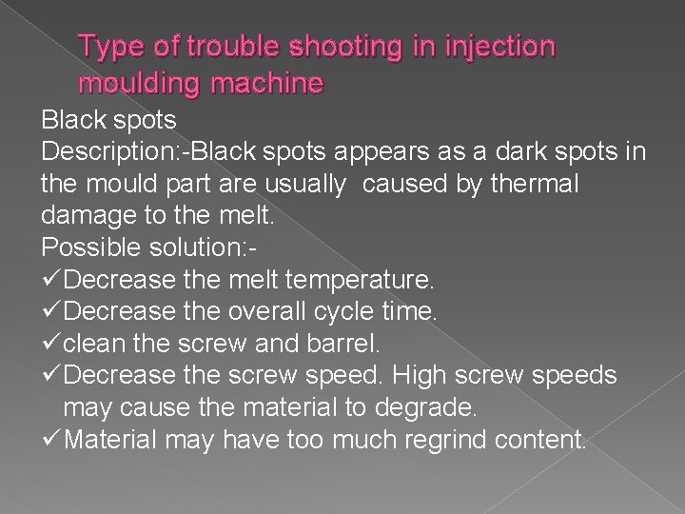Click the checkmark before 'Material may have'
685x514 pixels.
click(x=53, y=441)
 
